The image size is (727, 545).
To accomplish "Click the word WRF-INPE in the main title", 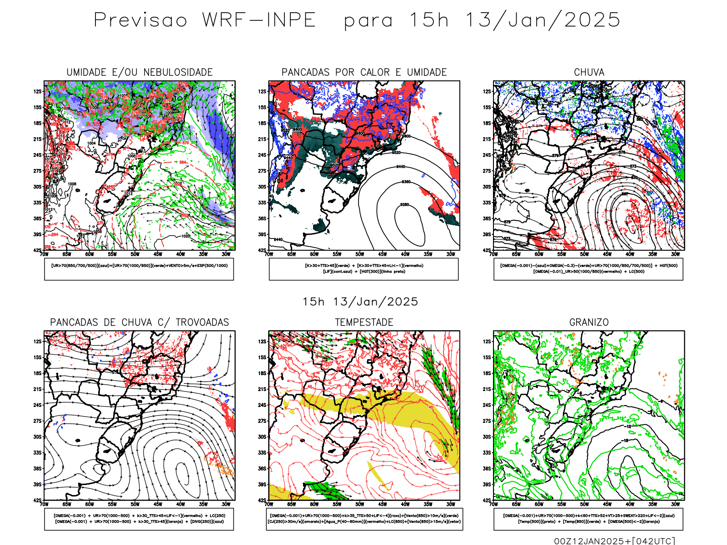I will (x=259, y=20).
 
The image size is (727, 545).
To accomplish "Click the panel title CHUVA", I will (x=589, y=72).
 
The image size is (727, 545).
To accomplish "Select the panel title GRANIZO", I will (x=589, y=322).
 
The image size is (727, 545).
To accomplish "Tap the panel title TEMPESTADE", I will (x=364, y=322).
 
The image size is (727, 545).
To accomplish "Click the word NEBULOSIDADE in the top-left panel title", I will (x=178, y=72).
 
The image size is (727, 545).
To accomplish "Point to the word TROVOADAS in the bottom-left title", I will (x=202, y=322).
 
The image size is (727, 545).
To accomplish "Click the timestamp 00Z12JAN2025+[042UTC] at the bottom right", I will (x=614, y=541).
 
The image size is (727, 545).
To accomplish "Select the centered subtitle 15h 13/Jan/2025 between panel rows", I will (x=360, y=302).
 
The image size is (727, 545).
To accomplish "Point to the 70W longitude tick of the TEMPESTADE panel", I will (x=269, y=504).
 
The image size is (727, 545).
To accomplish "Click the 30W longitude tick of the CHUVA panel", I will (x=676, y=254).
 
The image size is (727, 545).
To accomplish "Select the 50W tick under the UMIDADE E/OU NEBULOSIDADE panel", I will (x=135, y=254).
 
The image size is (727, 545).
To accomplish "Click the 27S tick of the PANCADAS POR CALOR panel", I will (x=263, y=171).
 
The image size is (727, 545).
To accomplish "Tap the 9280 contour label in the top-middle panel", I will (x=404, y=205).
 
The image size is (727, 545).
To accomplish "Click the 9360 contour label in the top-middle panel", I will (x=406, y=182).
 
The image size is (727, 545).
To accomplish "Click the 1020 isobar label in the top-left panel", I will (x=185, y=236).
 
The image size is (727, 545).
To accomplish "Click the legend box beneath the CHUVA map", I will (x=588, y=269).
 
